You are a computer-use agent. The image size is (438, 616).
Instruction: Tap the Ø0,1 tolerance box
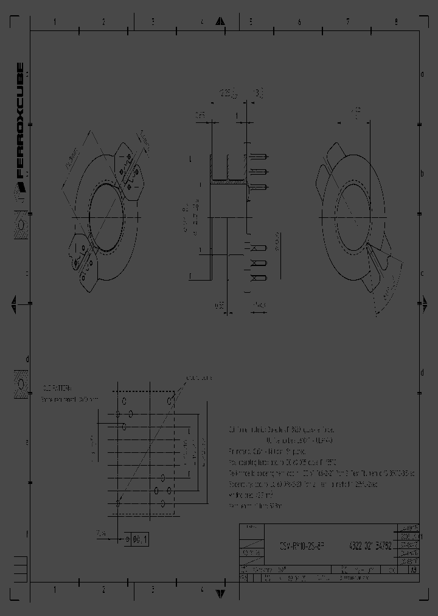point(137,539)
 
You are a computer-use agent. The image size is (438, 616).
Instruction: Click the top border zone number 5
point(250,22)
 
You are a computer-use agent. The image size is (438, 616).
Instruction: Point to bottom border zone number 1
point(55,590)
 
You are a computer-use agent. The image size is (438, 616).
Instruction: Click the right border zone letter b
point(422,173)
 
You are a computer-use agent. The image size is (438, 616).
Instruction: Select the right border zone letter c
point(422,273)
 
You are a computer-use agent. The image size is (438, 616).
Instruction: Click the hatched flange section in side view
point(226,181)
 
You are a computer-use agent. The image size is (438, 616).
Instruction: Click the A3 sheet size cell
point(413,570)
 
